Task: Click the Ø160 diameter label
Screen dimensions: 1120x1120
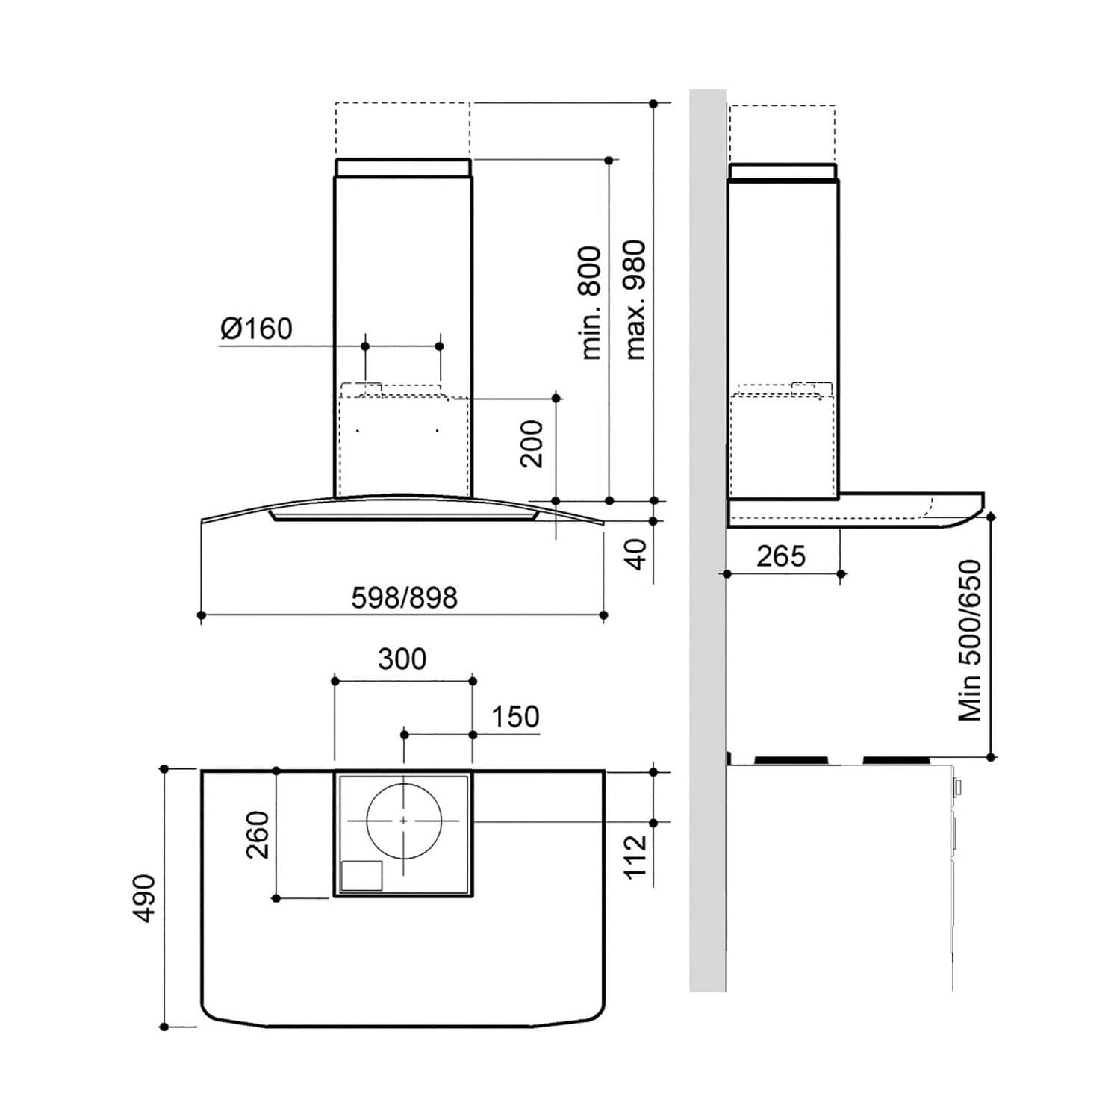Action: click(x=256, y=328)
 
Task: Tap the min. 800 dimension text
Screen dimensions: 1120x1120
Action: click(x=591, y=302)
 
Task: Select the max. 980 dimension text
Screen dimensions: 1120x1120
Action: click(x=635, y=300)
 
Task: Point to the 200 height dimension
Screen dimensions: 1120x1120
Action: click(x=532, y=444)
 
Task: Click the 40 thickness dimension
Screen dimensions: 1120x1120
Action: click(x=635, y=554)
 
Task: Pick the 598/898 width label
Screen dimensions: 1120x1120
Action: click(x=404, y=597)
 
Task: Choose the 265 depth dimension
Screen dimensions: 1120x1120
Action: click(x=781, y=556)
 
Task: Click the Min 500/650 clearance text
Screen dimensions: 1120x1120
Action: click(x=970, y=641)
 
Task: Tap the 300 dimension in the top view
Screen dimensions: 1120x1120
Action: click(x=402, y=659)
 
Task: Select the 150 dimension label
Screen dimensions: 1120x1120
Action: click(x=515, y=717)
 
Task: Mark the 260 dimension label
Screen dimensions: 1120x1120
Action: click(x=258, y=834)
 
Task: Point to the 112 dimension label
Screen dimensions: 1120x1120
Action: click(x=635, y=856)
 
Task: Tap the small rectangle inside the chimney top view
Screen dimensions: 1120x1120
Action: click(x=361, y=876)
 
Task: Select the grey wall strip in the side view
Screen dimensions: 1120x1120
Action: click(x=707, y=541)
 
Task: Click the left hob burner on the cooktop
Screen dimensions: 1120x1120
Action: click(x=791, y=761)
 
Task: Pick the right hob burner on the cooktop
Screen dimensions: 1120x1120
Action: click(x=897, y=761)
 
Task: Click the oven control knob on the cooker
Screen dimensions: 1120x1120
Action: click(x=957, y=787)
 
